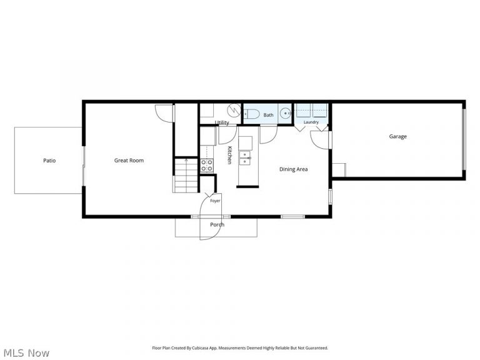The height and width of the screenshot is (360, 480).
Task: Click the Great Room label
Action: point(129,161)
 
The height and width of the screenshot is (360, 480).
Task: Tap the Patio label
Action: point(49,161)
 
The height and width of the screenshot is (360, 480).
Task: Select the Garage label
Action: point(397,136)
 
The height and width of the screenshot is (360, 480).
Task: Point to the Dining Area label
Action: point(293,169)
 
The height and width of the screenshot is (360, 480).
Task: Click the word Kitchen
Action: point(229,155)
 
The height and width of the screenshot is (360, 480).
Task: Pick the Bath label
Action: point(269,115)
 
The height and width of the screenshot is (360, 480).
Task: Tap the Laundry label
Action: point(311,122)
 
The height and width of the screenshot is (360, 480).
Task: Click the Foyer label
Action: point(215,201)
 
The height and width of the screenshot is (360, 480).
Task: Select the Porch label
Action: point(217,225)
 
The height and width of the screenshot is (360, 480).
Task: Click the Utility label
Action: point(222,122)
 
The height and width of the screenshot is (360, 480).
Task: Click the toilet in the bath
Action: point(252,114)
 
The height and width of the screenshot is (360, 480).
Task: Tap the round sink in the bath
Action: point(286,114)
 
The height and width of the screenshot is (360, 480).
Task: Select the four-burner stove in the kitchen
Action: point(207,165)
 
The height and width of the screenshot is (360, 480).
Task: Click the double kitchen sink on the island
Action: point(244,158)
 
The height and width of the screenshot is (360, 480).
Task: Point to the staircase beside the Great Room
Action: point(186,176)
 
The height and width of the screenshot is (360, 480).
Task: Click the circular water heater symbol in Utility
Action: point(234,110)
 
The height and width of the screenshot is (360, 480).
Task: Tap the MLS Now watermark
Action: point(24,353)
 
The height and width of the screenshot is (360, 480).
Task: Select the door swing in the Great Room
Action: point(164,114)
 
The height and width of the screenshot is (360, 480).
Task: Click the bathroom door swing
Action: point(269,135)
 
